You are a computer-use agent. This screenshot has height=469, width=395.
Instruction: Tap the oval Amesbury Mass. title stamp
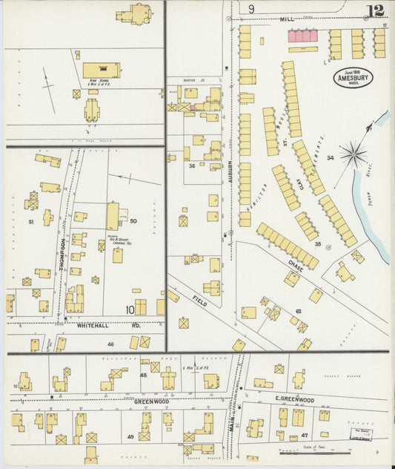click(353, 78)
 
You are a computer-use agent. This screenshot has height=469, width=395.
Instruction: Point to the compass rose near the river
click(353, 154)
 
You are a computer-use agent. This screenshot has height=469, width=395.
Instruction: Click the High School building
click(102, 70)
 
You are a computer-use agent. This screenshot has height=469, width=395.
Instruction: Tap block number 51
click(31, 221)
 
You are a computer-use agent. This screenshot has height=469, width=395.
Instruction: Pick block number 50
click(133, 220)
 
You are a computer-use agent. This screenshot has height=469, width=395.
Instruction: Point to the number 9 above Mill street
click(251, 9)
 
